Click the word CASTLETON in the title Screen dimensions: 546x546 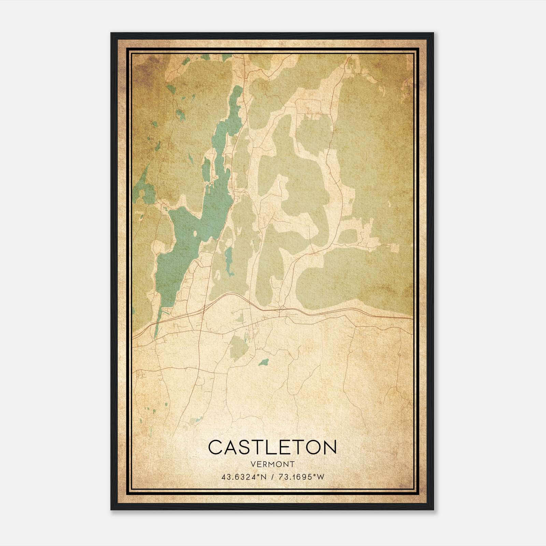click(272, 447)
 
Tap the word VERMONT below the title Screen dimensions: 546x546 click(272, 464)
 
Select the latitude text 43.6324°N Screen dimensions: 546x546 click(244, 477)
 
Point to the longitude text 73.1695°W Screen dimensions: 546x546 click(300, 477)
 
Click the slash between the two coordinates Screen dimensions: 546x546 click(272, 477)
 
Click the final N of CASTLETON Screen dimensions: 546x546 click(329, 447)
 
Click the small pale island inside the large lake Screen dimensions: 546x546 click(195, 234)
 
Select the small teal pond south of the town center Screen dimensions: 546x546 click(263, 362)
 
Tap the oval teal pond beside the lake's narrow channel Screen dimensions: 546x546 click(206, 169)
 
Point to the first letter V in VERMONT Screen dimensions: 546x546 click(253, 464)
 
